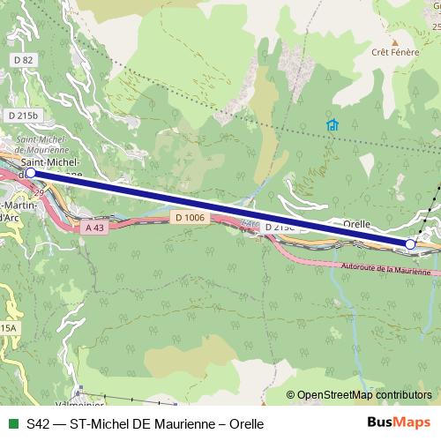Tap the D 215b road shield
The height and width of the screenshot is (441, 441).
click(25, 116)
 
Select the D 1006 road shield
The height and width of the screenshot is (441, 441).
click(189, 217)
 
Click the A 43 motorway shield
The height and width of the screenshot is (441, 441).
click(94, 228)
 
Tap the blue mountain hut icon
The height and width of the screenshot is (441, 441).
click(332, 124)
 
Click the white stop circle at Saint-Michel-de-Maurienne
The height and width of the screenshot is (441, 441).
click(32, 174)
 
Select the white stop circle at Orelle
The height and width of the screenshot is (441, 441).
click(410, 243)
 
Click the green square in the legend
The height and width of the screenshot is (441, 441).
click(11, 423)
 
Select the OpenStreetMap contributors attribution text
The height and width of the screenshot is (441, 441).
click(363, 395)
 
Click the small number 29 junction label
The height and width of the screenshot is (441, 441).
click(38, 191)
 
